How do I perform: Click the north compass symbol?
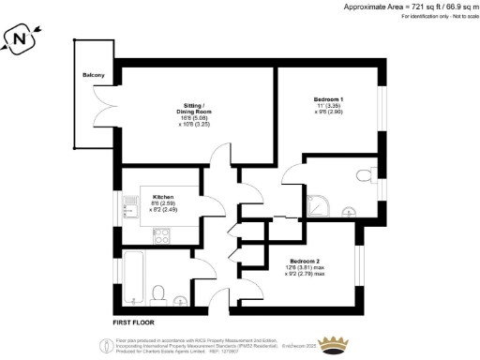tap(20, 40)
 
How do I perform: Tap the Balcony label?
tap(92, 74)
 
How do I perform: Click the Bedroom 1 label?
tap(328, 99)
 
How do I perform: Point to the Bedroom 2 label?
tap(306, 260)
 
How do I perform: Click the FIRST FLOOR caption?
tap(133, 322)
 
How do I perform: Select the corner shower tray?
tap(322, 202)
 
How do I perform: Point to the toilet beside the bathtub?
tap(158, 292)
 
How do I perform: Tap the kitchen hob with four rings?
tap(161, 234)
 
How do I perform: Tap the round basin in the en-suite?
tap(349, 212)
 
